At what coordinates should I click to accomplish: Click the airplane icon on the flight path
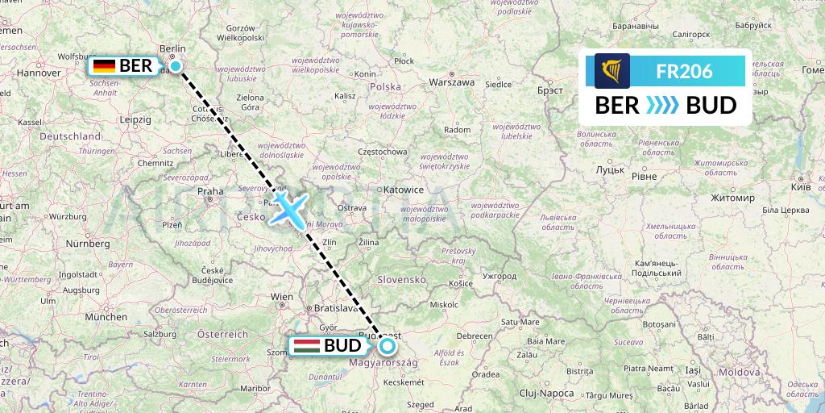coord(288,207)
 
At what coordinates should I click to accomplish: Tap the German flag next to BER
coord(103,66)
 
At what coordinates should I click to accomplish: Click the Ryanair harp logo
coord(612,71)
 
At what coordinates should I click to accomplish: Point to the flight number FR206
coord(684,71)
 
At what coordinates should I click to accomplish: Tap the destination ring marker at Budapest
coord(388,347)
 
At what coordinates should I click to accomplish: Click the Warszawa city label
coord(451,82)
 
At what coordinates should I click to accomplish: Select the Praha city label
coord(210,192)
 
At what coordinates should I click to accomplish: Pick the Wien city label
coord(282,297)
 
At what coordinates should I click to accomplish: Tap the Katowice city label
coord(403,190)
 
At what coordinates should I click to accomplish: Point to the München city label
coord(105,317)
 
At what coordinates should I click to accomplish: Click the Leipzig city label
coord(135,119)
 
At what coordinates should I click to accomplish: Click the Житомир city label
coord(733,198)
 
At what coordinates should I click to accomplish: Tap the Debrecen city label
coord(475,336)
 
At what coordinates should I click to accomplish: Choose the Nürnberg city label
coord(88,243)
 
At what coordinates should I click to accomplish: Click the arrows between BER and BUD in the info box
coord(663,106)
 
